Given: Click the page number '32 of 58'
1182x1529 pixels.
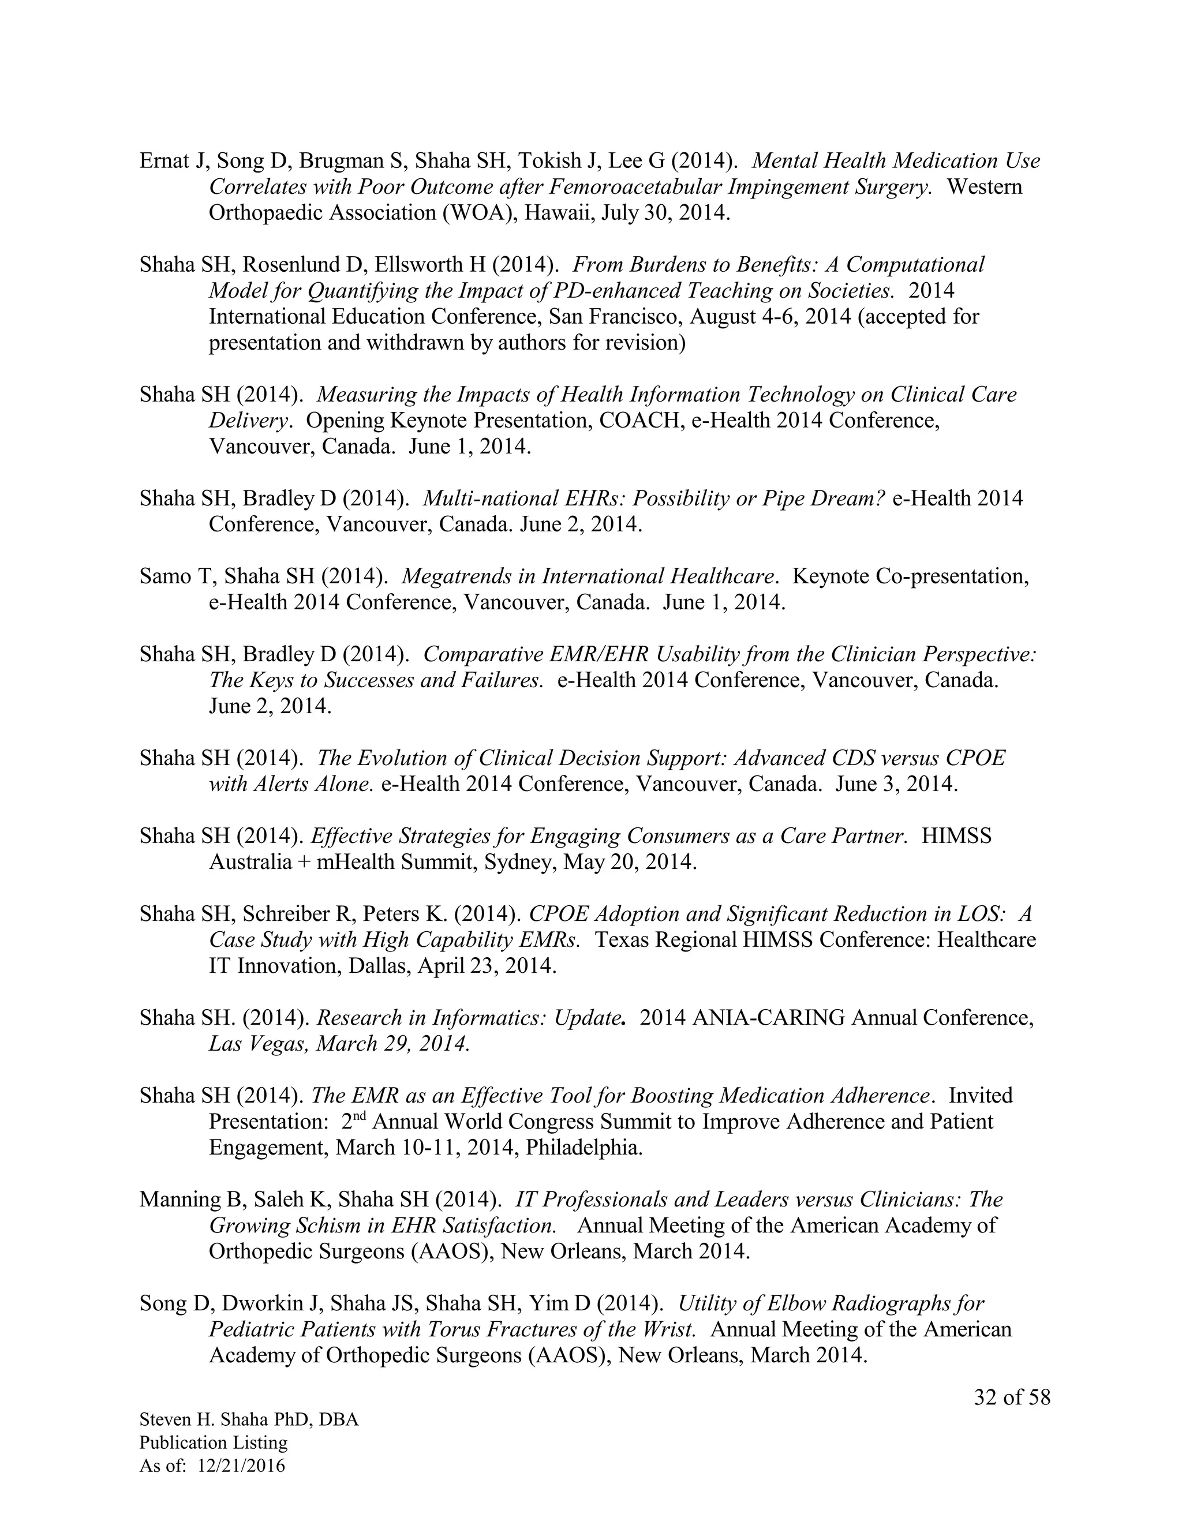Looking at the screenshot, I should tap(1012, 1397).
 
